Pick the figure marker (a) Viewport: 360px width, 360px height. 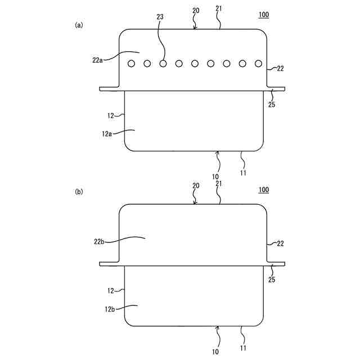tap(79, 25)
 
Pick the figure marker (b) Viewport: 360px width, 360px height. tap(79, 192)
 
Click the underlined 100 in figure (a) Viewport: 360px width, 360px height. tap(263, 15)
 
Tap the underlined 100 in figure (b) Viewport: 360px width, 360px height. tap(263, 190)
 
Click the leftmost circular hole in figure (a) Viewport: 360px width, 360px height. tap(131, 63)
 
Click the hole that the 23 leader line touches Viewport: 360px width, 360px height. tap(163, 63)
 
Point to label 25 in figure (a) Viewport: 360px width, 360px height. tap(272, 105)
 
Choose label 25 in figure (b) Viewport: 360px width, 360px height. tap(272, 280)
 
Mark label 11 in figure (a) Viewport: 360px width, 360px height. tap(243, 174)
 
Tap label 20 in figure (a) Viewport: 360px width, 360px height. tap(196, 10)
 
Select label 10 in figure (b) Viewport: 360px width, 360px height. tap(215, 352)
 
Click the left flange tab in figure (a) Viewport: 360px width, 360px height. tap(109, 88)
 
